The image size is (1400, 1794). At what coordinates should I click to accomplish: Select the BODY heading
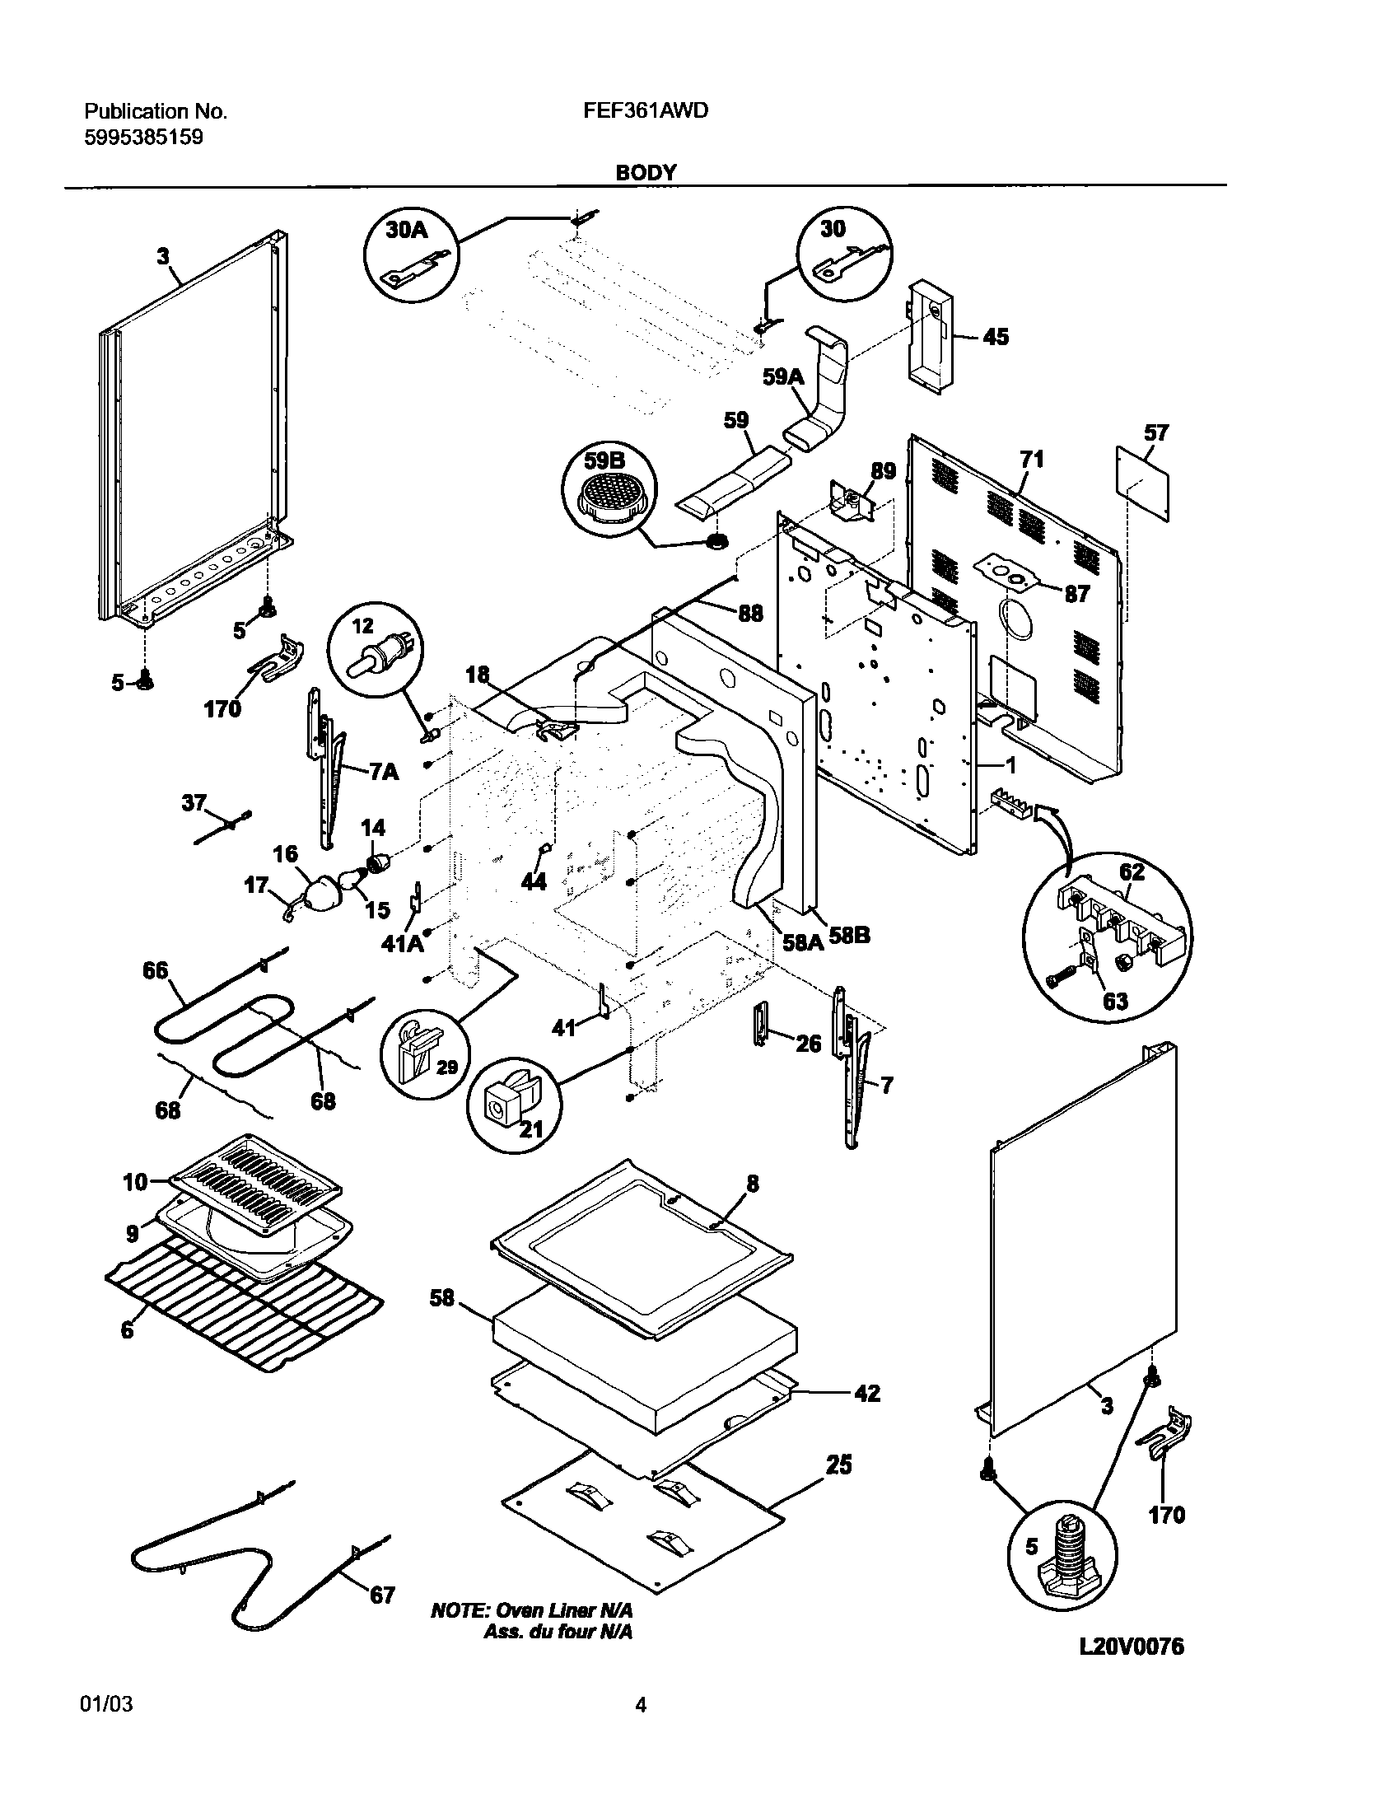646,172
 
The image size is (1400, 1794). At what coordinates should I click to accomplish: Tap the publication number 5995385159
144,138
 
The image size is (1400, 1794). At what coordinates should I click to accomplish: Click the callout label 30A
407,230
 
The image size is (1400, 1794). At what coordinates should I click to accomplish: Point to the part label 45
996,337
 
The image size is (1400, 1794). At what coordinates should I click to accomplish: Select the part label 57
1156,432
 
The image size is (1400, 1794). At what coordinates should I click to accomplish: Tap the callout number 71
1031,459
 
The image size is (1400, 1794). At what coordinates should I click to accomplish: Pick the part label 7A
383,772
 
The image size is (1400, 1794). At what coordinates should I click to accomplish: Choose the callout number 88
749,613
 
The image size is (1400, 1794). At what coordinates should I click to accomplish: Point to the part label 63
1115,1002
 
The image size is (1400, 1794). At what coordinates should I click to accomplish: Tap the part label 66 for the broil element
155,971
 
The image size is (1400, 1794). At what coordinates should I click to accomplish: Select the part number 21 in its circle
531,1128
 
